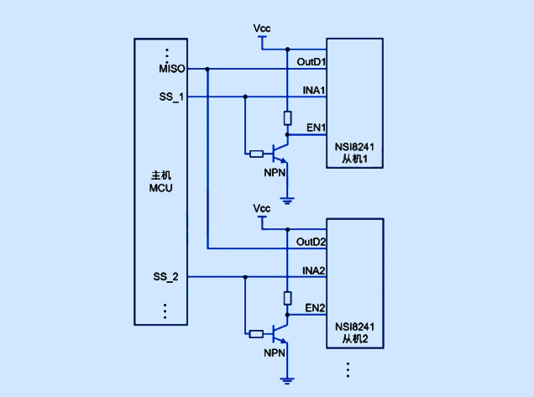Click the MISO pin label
pos(171,68)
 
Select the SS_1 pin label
pos(170,97)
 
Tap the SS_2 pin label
pos(165,276)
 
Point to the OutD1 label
pos(311,62)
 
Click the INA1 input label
pos(314,90)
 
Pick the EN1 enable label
pos(316,128)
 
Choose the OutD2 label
pos(311,242)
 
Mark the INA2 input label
pos(314,270)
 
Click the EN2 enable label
pos(316,307)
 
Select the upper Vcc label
pos(262,29)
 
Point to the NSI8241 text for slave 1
pos(354,148)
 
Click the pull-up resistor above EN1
pos(288,118)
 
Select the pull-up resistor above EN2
pos(288,297)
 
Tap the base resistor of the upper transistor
pos(257,154)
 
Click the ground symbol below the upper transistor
pos(287,201)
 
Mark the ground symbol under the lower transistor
pos(287,380)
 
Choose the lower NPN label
pos(275,352)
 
